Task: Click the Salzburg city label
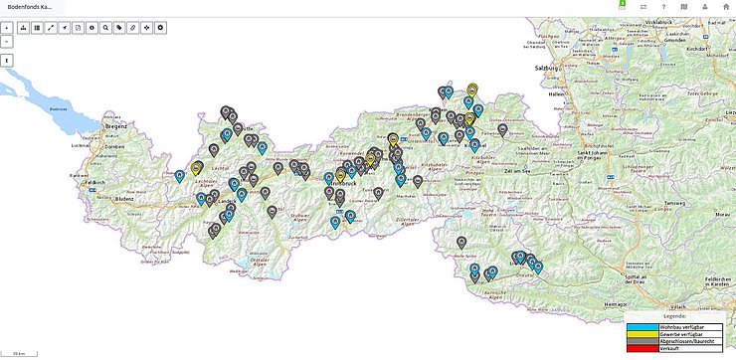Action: tap(549, 68)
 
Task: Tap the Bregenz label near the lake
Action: tap(118, 127)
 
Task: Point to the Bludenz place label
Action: tap(123, 198)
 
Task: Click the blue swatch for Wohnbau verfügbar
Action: tap(640, 326)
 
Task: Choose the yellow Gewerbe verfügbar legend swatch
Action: tap(640, 334)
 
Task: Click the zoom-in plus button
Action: tap(7, 27)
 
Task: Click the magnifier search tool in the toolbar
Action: tap(105, 27)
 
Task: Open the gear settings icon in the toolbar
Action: tap(160, 27)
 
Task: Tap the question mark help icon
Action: tap(663, 7)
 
